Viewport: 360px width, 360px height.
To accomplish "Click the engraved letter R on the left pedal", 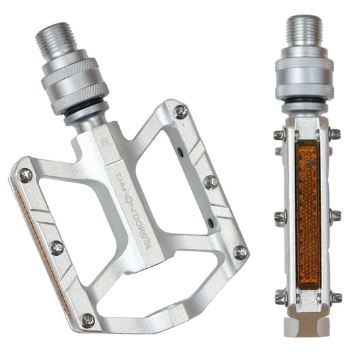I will (x=107, y=143).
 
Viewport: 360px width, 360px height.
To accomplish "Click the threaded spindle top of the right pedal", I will (x=303, y=31).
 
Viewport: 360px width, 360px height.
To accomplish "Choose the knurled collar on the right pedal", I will (x=303, y=77).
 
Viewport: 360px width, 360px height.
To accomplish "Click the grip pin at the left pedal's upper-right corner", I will (x=181, y=112).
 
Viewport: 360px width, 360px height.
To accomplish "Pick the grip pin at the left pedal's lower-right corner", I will (x=240, y=253).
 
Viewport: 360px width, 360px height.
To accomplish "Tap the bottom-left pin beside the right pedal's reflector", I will (x=278, y=297).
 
